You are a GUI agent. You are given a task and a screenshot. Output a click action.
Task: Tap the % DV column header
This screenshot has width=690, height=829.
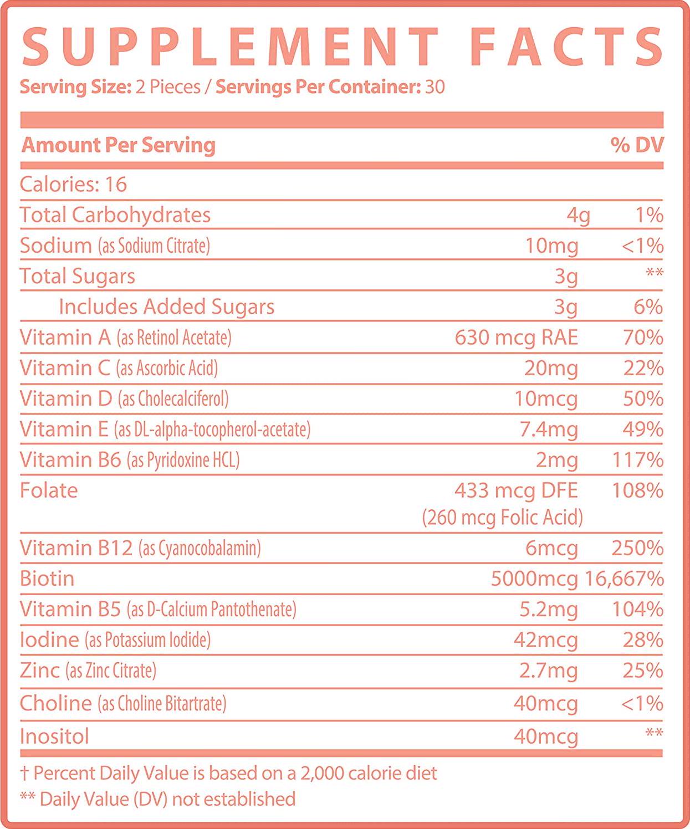637,145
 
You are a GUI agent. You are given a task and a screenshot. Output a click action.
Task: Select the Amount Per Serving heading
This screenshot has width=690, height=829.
119,145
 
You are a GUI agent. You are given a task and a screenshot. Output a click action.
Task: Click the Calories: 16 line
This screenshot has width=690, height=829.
74,185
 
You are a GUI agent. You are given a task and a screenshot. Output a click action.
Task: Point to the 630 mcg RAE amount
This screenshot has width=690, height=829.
516,337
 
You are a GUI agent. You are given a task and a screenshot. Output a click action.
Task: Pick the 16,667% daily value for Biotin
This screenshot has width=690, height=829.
625,579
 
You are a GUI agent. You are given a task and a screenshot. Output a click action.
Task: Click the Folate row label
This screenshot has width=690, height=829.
49,490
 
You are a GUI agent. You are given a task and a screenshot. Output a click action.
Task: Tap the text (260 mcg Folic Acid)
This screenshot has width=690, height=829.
502,518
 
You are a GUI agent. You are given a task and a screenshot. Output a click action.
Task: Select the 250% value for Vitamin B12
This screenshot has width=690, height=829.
637,548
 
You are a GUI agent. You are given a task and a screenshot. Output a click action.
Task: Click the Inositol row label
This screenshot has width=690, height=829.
54,736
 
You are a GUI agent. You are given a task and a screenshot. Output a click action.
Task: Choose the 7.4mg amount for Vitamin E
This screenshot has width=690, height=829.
549,429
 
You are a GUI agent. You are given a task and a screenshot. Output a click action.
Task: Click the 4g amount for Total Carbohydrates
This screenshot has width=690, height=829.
578,215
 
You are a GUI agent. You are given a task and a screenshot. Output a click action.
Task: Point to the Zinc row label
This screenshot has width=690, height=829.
39,671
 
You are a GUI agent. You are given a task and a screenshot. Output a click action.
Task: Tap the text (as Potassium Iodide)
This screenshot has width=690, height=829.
147,641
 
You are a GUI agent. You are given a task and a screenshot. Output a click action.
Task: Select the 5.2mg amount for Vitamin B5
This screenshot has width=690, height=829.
549,610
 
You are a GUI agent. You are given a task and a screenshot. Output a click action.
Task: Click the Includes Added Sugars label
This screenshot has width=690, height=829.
166,307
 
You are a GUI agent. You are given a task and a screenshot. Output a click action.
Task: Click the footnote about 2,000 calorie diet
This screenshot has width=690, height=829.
228,773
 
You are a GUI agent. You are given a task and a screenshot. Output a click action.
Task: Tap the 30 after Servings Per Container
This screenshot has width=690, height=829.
435,88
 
